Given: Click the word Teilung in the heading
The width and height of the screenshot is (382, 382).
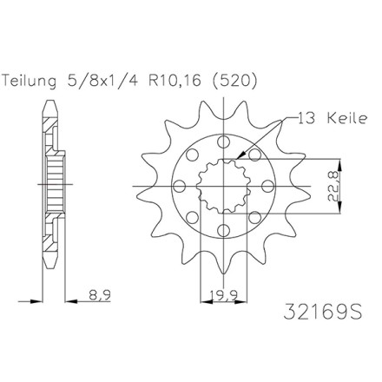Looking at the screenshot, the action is (29, 82).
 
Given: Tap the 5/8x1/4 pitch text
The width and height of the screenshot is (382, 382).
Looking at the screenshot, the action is (102, 81).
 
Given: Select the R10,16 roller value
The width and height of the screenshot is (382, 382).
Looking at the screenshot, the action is (175, 81).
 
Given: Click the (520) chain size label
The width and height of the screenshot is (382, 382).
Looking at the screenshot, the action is (234, 81).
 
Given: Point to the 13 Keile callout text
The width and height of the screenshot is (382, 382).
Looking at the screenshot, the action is (332, 119).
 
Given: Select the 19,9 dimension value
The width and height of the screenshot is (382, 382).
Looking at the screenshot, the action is (223, 295).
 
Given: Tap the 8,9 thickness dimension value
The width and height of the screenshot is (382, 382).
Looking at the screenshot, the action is (100, 295).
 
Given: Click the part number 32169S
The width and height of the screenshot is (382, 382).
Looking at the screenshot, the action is (322, 312).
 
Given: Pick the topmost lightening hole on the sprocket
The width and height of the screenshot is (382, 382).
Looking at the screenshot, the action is (223, 142).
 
